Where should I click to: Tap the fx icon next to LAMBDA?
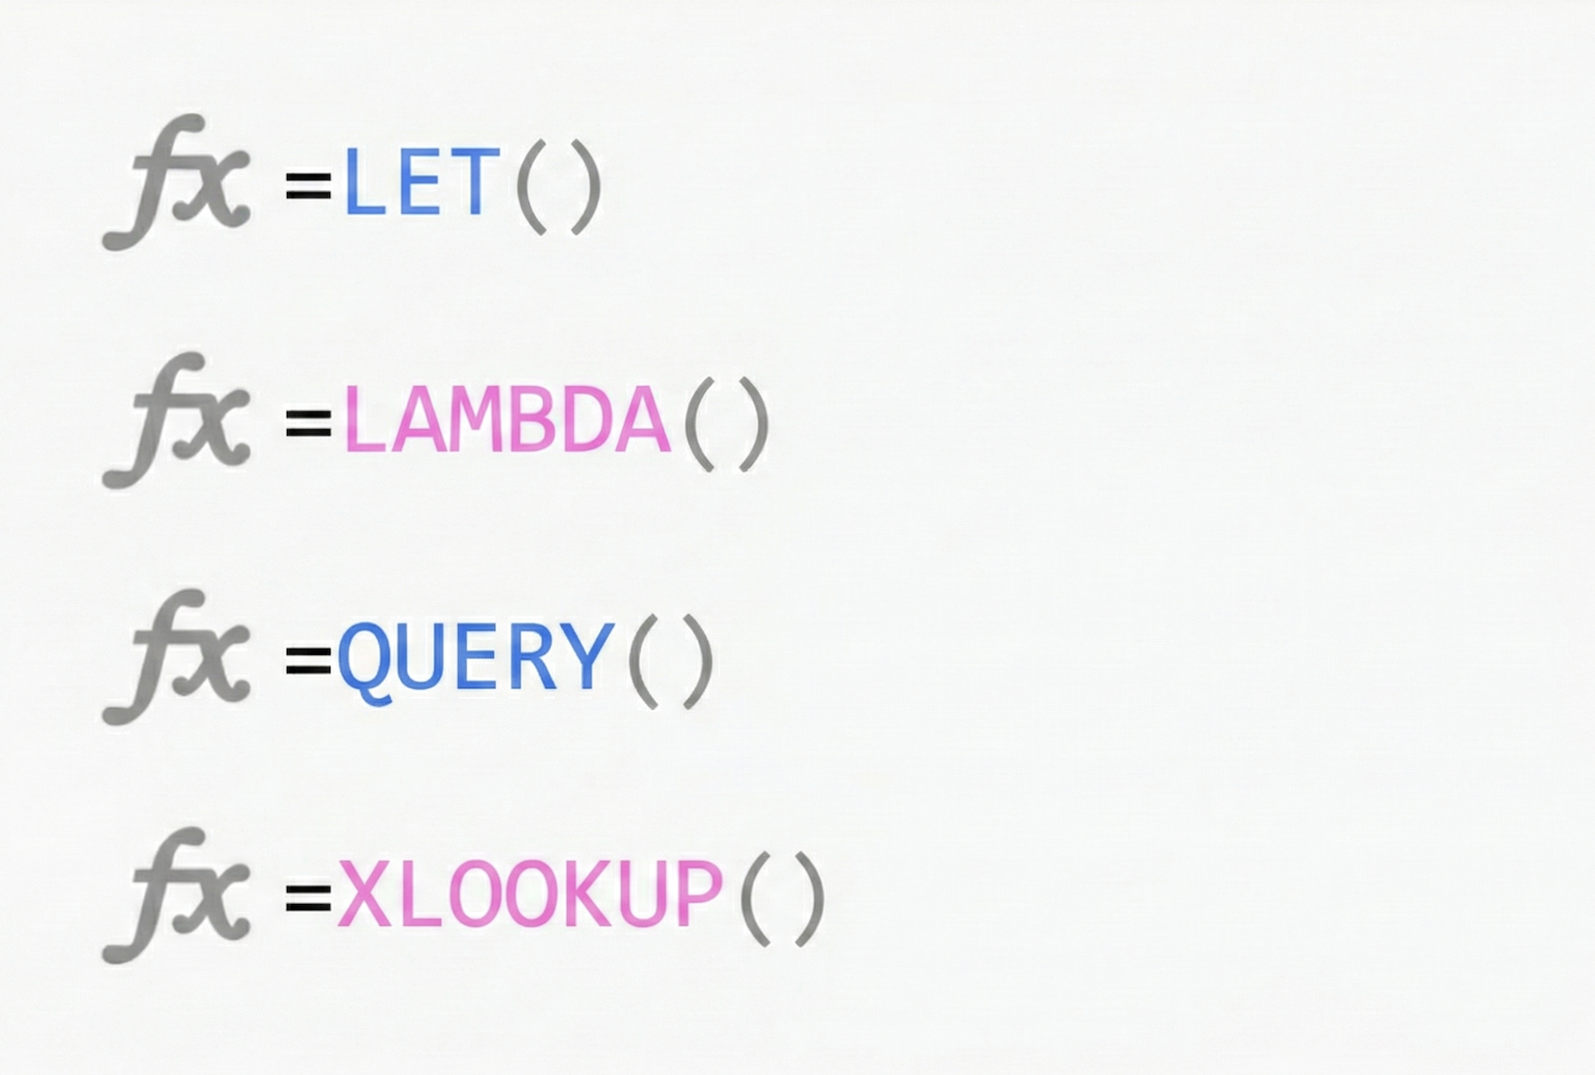pyautogui.click(x=178, y=421)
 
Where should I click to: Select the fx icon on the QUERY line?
pyautogui.click(x=178, y=658)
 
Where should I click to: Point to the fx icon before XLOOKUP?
pyautogui.click(x=178, y=895)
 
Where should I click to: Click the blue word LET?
pyautogui.click(x=421, y=182)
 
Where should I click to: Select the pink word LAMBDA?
pyautogui.click(x=507, y=421)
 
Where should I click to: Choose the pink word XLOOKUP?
pyautogui.click(x=530, y=894)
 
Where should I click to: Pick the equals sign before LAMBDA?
pyautogui.click(x=308, y=423)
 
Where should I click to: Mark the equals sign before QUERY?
pyautogui.click(x=308, y=660)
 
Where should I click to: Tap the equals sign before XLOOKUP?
pyautogui.click(x=308, y=897)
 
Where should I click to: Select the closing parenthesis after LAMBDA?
pyautogui.click(x=754, y=425)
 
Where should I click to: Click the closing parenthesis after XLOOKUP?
pyautogui.click(x=811, y=899)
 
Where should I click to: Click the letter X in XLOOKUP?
pyautogui.click(x=364, y=894)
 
